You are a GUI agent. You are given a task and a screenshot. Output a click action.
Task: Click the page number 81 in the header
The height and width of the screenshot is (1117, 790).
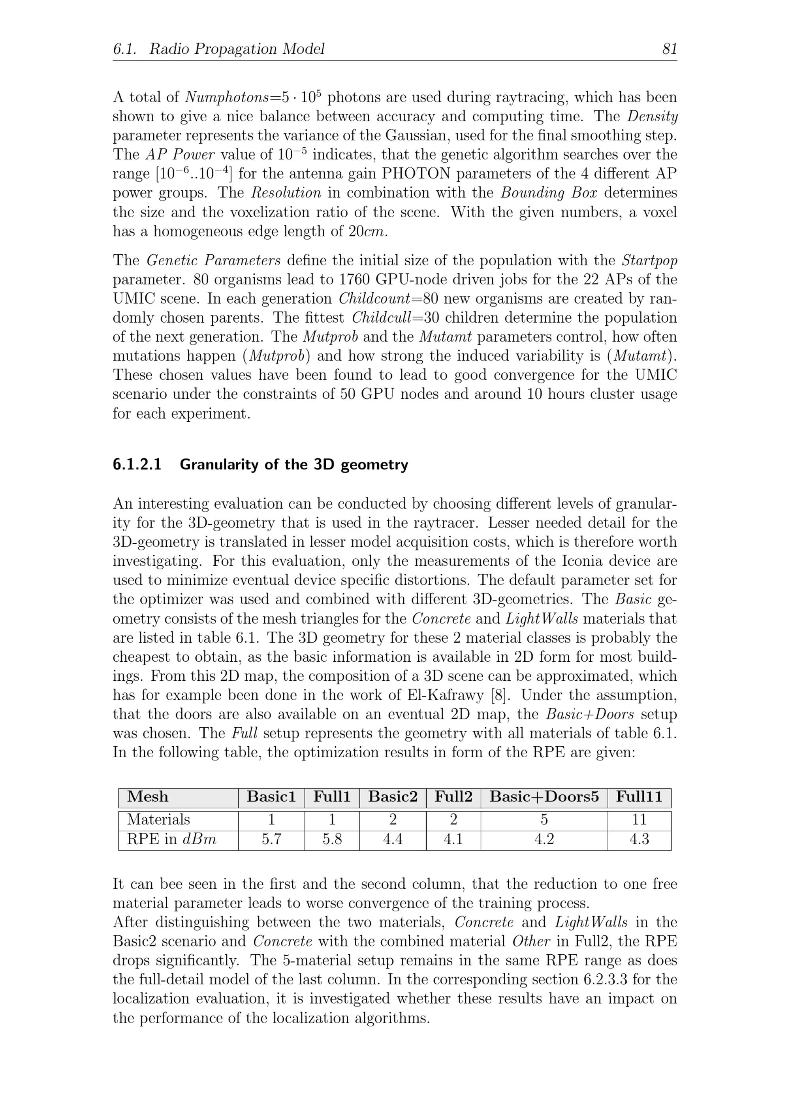(x=669, y=49)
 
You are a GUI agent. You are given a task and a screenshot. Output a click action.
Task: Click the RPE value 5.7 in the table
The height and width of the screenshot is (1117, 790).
(x=271, y=839)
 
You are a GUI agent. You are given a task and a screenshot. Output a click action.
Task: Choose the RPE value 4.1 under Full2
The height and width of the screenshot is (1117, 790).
(x=453, y=839)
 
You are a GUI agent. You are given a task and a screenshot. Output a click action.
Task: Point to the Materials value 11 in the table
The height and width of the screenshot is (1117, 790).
(x=639, y=820)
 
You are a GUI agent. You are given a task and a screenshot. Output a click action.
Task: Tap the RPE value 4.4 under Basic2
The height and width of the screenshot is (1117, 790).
(x=392, y=839)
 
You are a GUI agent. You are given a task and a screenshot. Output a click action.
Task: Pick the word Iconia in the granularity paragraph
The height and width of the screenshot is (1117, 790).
(x=584, y=561)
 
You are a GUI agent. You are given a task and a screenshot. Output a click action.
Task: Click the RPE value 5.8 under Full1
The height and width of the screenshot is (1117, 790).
(x=332, y=839)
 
